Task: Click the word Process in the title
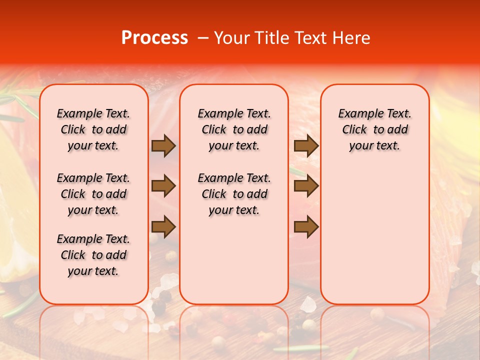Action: (x=154, y=37)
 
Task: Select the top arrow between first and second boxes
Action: (x=163, y=146)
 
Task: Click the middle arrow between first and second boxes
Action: (x=163, y=186)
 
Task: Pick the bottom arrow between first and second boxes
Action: (x=163, y=227)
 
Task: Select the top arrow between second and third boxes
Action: (x=306, y=146)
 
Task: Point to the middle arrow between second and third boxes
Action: (x=306, y=186)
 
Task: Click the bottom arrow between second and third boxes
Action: (x=306, y=227)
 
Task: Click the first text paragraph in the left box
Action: (x=93, y=129)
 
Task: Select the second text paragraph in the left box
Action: (x=93, y=194)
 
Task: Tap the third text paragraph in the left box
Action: (x=93, y=255)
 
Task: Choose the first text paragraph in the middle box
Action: (x=234, y=129)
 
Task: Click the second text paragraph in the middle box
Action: (x=234, y=194)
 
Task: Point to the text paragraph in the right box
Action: (x=374, y=129)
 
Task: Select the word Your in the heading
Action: (x=231, y=37)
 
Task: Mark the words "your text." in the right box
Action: (x=374, y=146)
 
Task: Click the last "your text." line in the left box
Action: (x=93, y=271)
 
